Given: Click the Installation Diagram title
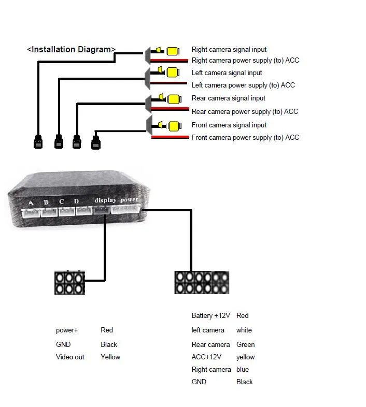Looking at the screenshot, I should click(x=71, y=50).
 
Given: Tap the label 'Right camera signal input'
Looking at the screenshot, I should click(x=229, y=50).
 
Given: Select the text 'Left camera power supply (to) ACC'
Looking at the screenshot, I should click(x=243, y=85).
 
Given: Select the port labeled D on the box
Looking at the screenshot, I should click(x=83, y=210).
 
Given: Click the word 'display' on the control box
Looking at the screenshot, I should click(x=105, y=200).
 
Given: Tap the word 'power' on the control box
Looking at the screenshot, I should click(x=129, y=199).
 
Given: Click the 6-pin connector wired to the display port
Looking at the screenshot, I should click(x=69, y=283).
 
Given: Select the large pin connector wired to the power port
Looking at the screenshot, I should click(x=202, y=283).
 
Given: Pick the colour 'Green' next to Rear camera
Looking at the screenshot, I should click(x=245, y=344).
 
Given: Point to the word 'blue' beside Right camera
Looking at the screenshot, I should click(x=242, y=369).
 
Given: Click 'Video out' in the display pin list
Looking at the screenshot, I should click(x=70, y=357).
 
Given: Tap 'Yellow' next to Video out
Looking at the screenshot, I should click(x=110, y=357).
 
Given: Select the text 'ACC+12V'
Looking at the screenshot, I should click(x=206, y=357).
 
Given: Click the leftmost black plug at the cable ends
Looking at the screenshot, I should click(x=38, y=141).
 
